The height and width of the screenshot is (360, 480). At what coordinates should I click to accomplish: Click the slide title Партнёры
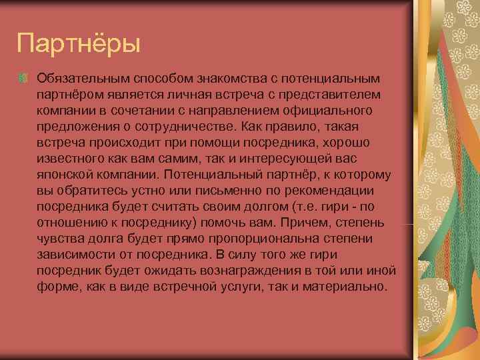pyautogui.click(x=79, y=45)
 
